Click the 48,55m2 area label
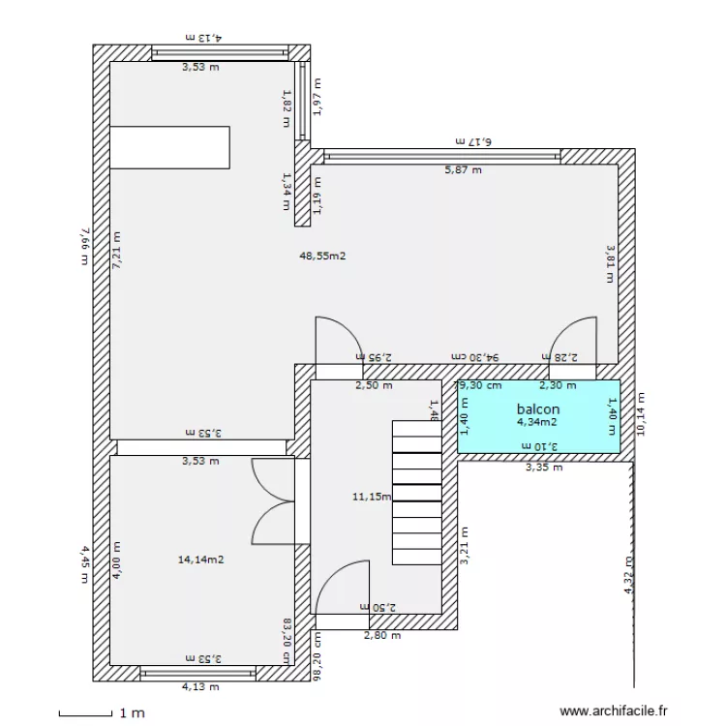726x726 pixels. tap(324, 257)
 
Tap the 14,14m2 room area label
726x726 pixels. tap(201, 560)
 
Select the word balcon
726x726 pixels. tap(537, 408)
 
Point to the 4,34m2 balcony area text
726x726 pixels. tap(537, 422)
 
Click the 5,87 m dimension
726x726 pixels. tap(463, 169)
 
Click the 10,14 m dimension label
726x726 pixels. tap(640, 413)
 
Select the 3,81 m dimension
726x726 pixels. tap(610, 261)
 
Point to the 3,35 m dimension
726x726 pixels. tap(543, 468)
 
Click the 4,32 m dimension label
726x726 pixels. tap(628, 575)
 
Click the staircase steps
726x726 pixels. tap(416, 493)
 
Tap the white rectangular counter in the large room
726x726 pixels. tap(170, 147)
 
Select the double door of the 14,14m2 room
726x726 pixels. tap(273, 501)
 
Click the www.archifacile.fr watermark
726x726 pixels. tap(615, 711)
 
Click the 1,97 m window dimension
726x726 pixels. tap(317, 97)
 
